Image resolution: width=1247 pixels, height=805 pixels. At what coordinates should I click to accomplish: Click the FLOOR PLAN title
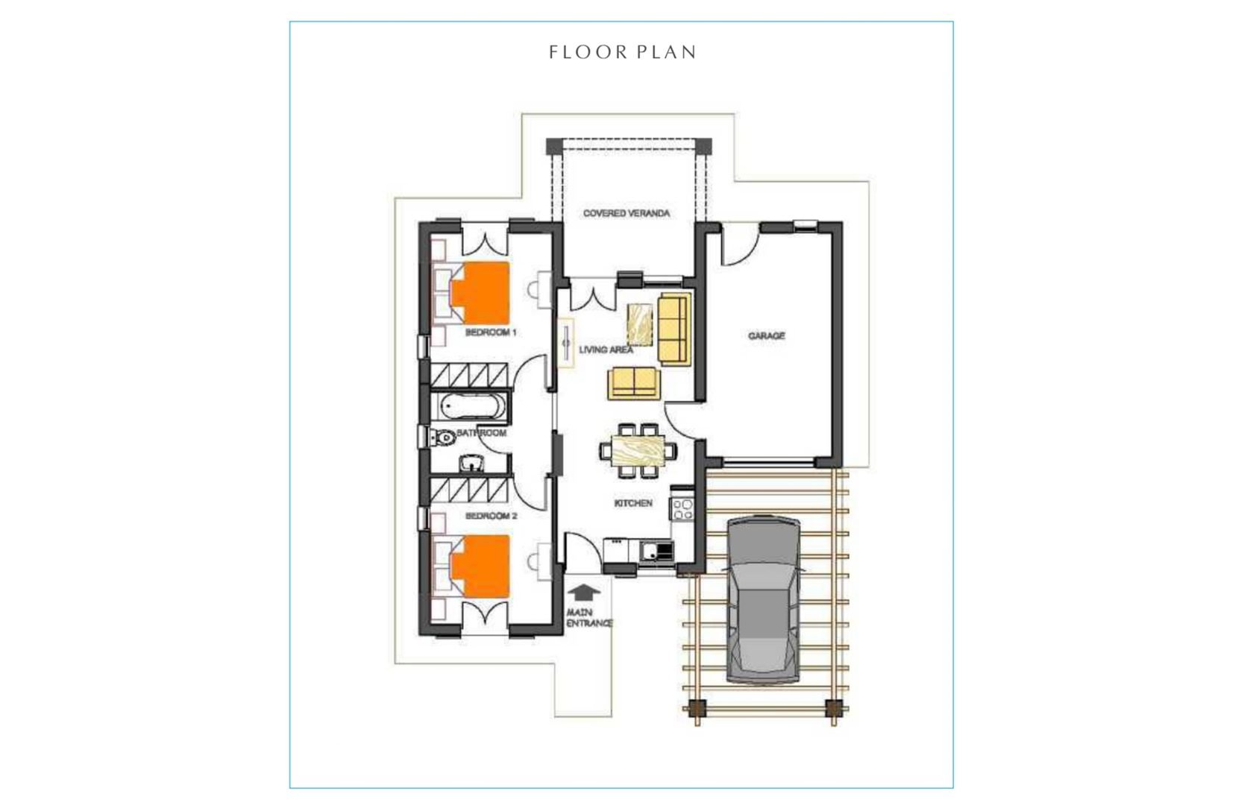(x=623, y=52)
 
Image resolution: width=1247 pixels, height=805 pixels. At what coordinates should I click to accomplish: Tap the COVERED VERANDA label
(x=626, y=214)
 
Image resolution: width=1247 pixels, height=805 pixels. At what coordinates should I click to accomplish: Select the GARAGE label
(x=767, y=336)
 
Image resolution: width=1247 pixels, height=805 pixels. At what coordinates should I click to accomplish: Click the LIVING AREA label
(x=606, y=350)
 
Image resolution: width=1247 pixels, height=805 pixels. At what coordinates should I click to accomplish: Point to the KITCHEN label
(x=633, y=503)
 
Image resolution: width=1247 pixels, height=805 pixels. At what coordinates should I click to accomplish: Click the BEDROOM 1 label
(x=491, y=332)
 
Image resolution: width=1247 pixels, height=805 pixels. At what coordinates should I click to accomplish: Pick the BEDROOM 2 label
(x=491, y=517)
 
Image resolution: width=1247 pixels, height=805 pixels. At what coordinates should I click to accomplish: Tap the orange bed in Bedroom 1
(x=480, y=293)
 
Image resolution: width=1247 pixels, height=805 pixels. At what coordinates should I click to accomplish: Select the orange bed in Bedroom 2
(x=480, y=566)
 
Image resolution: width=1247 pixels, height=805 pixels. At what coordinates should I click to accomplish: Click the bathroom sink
(x=473, y=464)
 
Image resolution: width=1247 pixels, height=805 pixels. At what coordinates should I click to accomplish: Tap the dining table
(x=638, y=450)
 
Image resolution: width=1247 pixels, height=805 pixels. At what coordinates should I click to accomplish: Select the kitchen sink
(x=656, y=552)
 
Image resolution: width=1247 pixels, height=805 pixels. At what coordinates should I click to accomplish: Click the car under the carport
(x=763, y=600)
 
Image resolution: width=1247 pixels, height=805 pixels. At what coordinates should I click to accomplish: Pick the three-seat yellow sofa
(x=674, y=328)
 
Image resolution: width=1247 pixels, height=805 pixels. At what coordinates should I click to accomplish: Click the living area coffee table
(x=640, y=324)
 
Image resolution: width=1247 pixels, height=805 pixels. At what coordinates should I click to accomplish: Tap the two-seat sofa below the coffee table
(x=632, y=383)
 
